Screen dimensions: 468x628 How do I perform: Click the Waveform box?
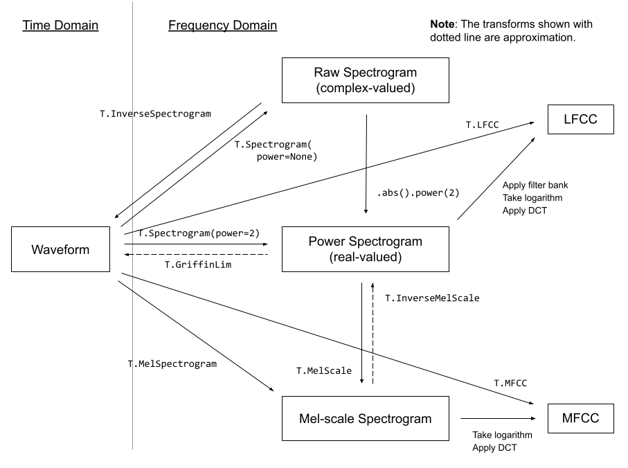[x=61, y=249]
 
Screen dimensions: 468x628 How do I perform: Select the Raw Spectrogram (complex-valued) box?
[x=366, y=80]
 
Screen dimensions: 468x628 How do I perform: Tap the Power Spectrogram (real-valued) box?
[x=366, y=249]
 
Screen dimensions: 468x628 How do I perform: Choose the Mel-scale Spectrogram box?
[x=366, y=418]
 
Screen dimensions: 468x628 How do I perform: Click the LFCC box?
[x=581, y=119]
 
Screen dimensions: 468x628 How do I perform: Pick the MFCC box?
[x=581, y=418]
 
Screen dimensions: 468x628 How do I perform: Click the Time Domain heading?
[x=61, y=26]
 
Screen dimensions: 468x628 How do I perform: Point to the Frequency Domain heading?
[x=222, y=26]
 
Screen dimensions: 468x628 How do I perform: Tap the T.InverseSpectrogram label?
[x=156, y=114]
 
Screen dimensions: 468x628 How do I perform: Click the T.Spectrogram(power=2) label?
[x=199, y=233]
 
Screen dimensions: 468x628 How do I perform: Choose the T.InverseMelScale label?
[x=432, y=298]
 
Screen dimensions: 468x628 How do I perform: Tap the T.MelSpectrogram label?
[x=172, y=363]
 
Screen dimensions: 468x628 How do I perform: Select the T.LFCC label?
[x=482, y=125]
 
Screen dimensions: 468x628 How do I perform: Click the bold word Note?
[x=442, y=24]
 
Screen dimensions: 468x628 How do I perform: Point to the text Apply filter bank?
[x=535, y=186]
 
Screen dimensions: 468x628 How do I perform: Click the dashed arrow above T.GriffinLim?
[x=196, y=255]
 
